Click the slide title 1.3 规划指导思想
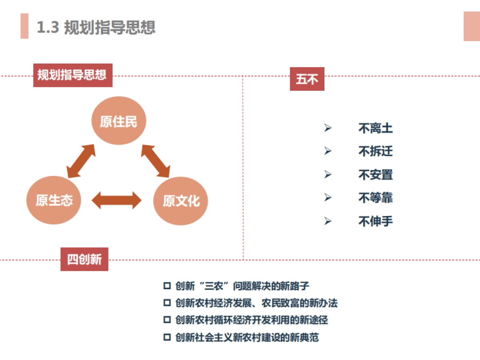click(96, 27)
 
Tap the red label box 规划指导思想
click(72, 75)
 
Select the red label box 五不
click(307, 79)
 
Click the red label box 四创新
click(84, 259)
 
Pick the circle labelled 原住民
click(118, 121)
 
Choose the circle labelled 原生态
click(54, 200)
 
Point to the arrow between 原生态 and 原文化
click(116, 200)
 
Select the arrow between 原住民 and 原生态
click(81, 161)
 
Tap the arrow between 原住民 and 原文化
click(156, 161)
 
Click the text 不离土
click(375, 128)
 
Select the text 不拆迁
click(375, 151)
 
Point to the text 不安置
click(375, 175)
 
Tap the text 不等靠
click(375, 198)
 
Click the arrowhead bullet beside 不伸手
click(328, 221)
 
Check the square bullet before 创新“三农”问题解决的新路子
click(167, 286)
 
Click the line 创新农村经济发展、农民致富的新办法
click(256, 303)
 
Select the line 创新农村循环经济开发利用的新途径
click(252, 320)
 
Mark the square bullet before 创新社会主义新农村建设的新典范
click(167, 337)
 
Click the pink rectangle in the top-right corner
click(472, 26)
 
